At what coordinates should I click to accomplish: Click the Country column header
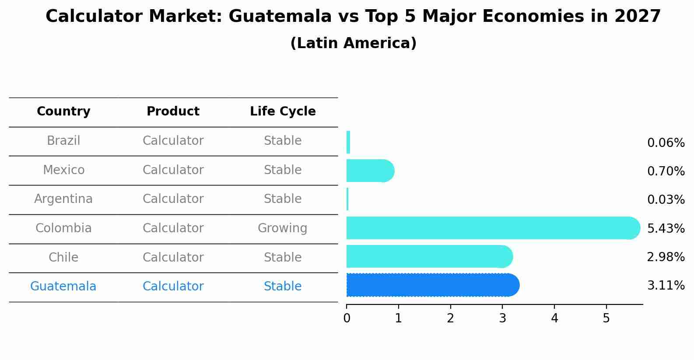coord(63,112)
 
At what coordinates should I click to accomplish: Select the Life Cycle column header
coord(283,112)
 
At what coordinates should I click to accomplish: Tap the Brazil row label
coord(63,141)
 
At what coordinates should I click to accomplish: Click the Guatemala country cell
coord(63,287)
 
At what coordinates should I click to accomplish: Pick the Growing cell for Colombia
coord(282,228)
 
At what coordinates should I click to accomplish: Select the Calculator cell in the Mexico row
coord(173,170)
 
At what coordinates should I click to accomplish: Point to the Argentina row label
coord(63,199)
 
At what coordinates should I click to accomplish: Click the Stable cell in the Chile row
coord(282,258)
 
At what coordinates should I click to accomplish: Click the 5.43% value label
coord(666,229)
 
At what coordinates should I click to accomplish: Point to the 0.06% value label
coord(666,143)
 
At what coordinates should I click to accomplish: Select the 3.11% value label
coord(666,286)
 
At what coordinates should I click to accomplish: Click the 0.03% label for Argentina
coord(666,200)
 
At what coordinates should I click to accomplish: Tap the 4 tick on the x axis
coord(554,318)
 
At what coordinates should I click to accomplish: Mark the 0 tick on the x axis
coord(347,318)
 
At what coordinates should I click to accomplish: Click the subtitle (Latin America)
coord(353,43)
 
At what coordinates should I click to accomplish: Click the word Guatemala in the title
coord(280,17)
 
